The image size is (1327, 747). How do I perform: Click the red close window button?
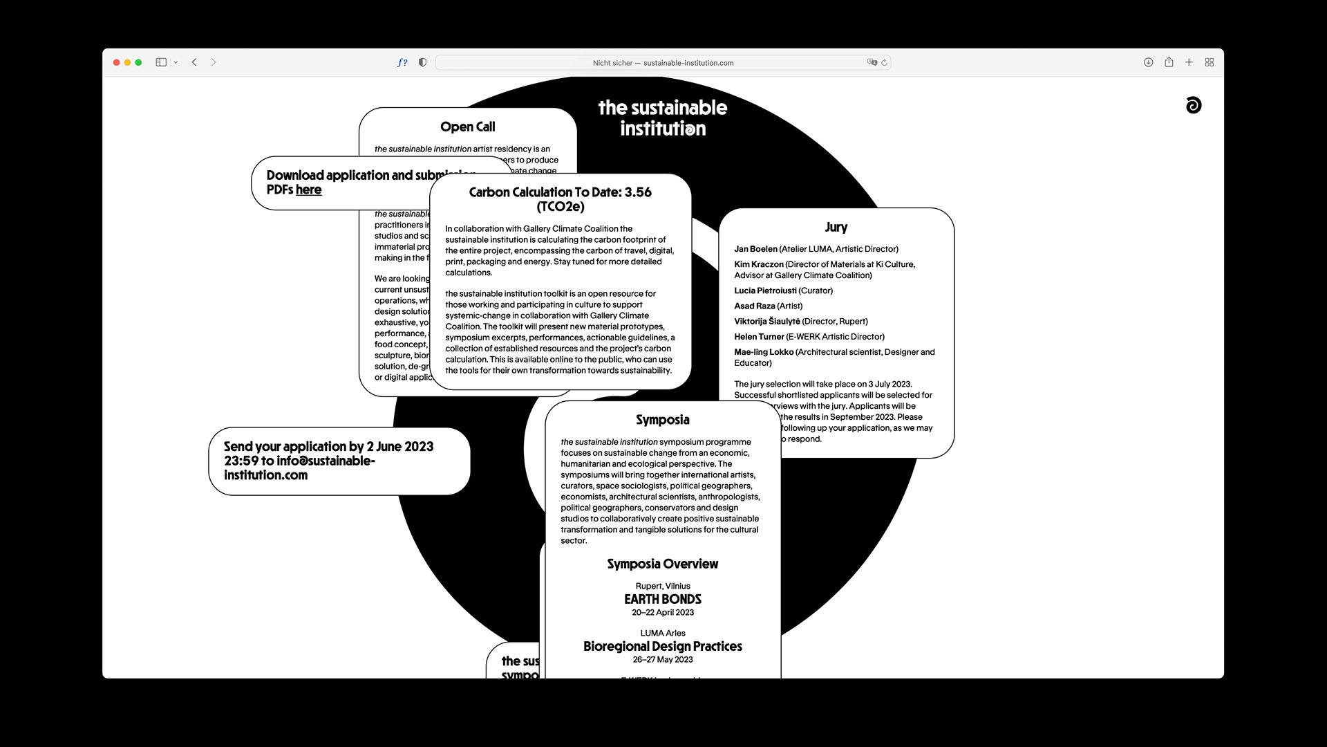pos(116,62)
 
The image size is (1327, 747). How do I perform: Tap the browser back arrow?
pos(194,62)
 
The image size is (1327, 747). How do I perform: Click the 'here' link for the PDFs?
pos(308,190)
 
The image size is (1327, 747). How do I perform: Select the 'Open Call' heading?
pos(467,127)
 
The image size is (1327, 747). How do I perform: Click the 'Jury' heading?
pos(836,227)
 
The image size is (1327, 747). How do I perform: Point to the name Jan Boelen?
pos(755,249)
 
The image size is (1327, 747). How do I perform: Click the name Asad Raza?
pos(754,306)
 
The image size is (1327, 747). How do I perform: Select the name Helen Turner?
pos(759,337)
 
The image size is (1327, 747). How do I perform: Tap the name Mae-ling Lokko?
pos(763,352)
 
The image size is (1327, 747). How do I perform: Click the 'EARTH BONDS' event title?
pos(662,599)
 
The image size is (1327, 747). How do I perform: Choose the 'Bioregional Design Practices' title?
pos(662,646)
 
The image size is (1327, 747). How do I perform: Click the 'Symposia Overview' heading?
pos(662,564)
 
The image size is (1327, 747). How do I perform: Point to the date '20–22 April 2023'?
pos(662,613)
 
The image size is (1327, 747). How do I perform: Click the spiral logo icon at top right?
pos(1193,105)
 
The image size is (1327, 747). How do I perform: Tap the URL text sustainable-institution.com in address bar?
pos(688,63)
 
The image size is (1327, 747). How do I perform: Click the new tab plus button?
pos(1189,62)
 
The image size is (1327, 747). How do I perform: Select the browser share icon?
pos(1169,62)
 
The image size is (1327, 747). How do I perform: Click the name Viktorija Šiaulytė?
pos(766,322)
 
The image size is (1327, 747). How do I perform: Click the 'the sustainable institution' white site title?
pos(662,118)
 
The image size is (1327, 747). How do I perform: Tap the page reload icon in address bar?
pos(884,62)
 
